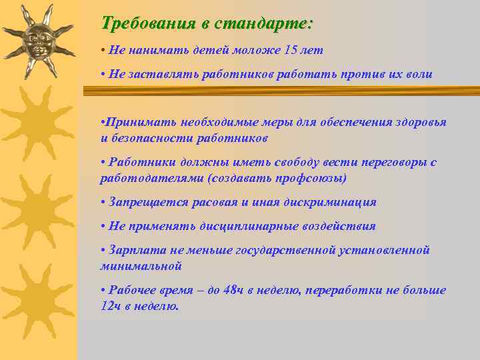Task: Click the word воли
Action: coord(418,75)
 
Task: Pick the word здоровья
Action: coord(419,123)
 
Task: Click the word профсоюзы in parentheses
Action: coord(315,178)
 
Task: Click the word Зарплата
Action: coord(133,250)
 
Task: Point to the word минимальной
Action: coord(141,266)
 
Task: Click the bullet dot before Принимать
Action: coord(102,123)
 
